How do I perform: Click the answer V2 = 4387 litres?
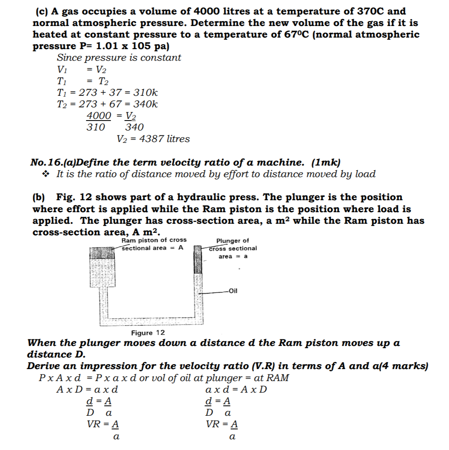click(x=153, y=139)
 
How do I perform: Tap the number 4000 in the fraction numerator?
click(x=99, y=116)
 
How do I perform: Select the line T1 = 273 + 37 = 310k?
click(x=107, y=93)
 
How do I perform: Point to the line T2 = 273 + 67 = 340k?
click(x=107, y=104)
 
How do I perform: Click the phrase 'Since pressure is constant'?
click(x=119, y=58)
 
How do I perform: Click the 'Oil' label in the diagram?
click(x=233, y=291)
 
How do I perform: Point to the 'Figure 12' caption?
click(x=148, y=333)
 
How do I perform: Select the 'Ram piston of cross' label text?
click(x=154, y=240)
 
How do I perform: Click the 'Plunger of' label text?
click(x=233, y=241)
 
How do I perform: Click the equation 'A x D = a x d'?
click(x=88, y=389)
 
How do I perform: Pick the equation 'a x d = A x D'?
click(x=236, y=389)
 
